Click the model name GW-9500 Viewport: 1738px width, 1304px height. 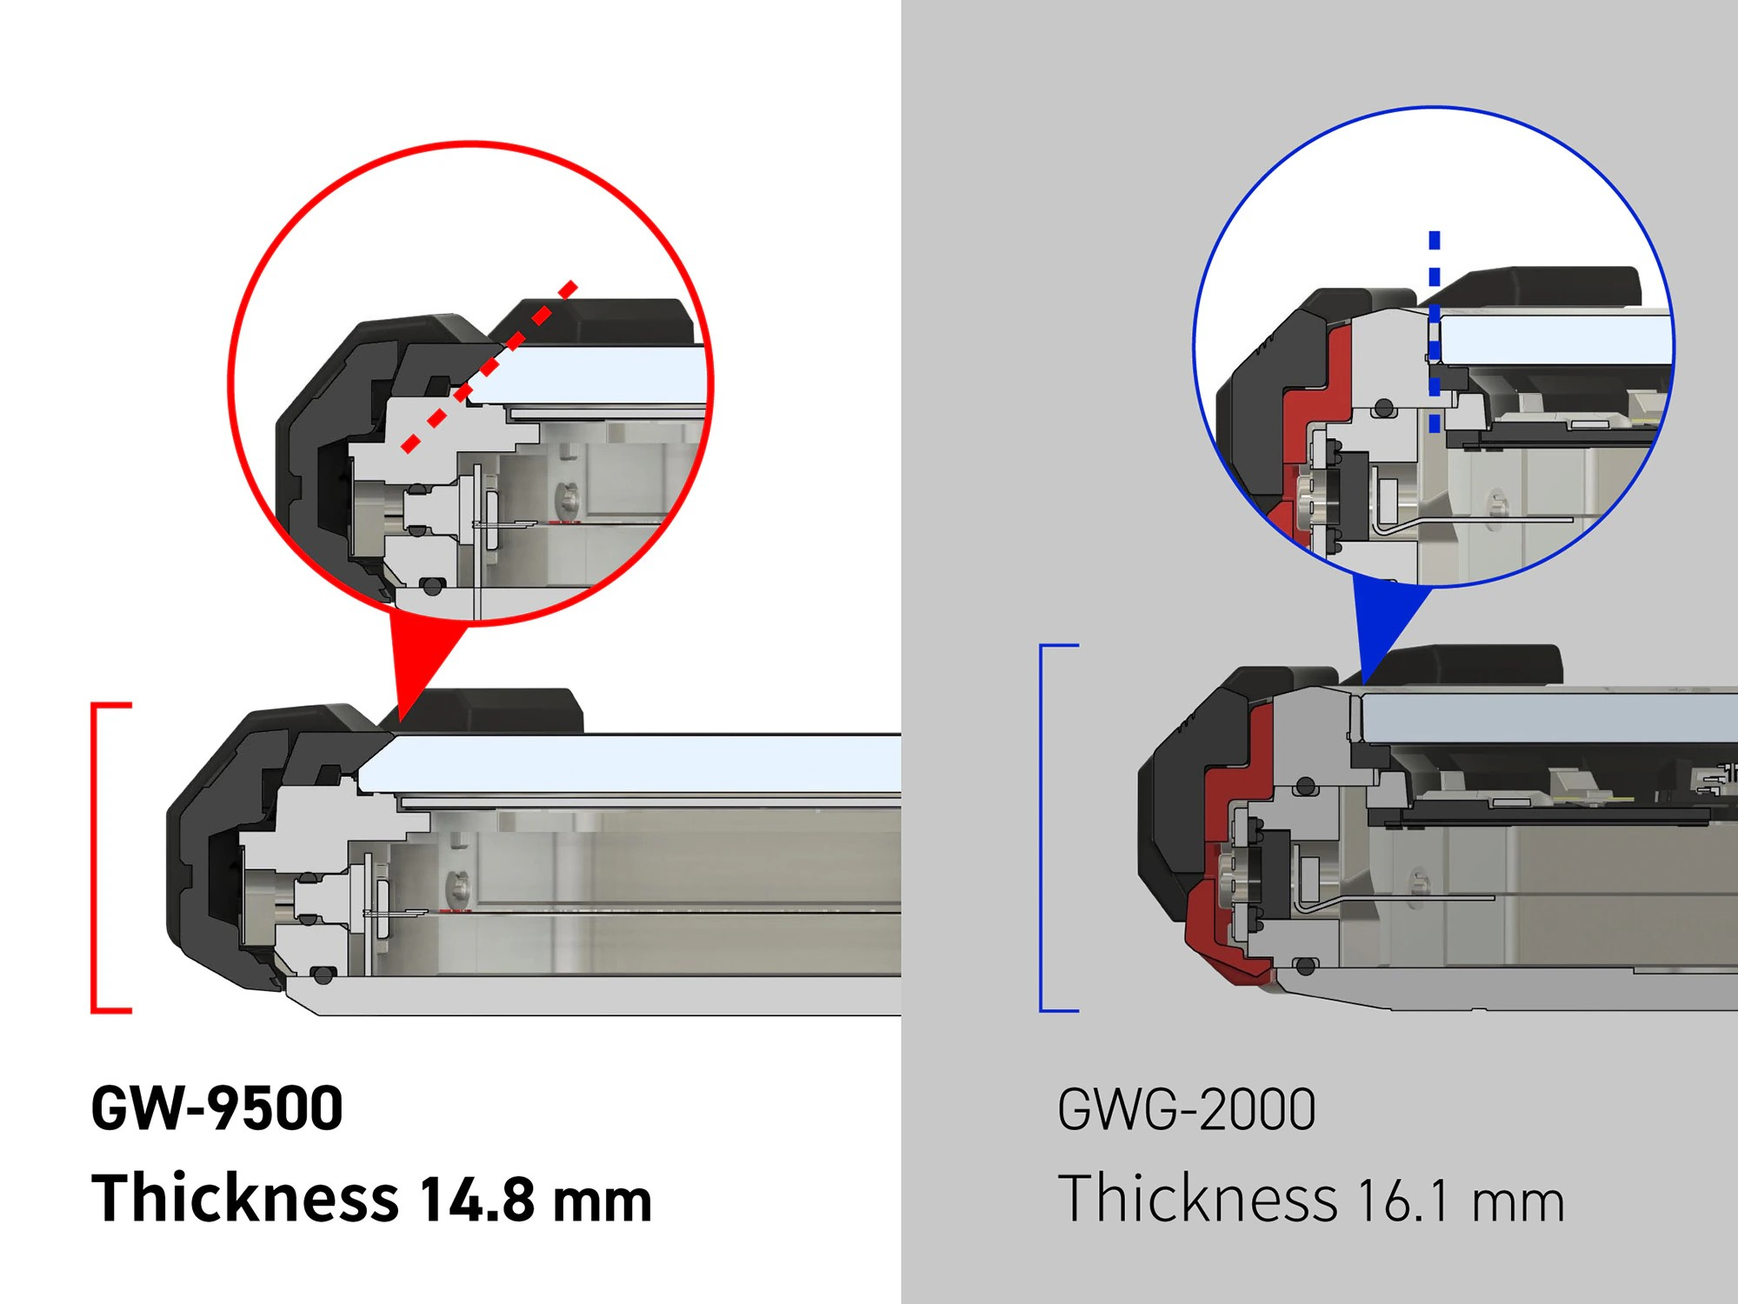click(217, 1108)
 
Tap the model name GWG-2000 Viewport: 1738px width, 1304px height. click(1187, 1110)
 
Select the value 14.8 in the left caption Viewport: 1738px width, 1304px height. click(477, 1199)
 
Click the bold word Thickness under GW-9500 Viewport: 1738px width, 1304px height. click(245, 1197)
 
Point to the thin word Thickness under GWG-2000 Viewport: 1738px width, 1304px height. click(1197, 1198)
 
